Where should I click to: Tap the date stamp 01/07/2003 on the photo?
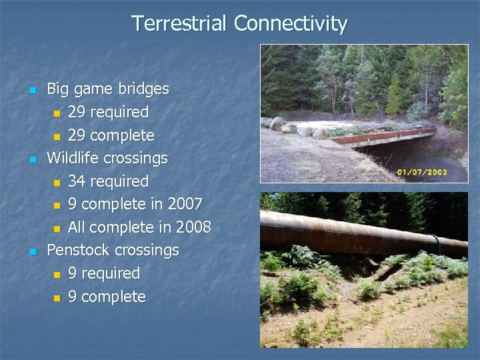(422, 173)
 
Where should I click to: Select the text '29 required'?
(108, 112)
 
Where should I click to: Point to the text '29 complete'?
(111, 135)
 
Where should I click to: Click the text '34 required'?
(108, 181)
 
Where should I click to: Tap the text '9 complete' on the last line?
(107, 297)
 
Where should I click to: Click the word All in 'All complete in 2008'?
(77, 227)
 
